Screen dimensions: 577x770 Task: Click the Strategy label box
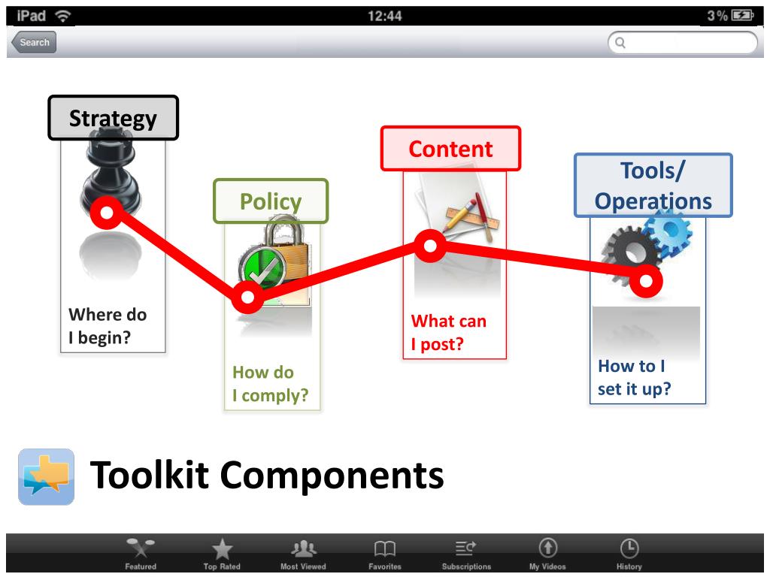pos(114,118)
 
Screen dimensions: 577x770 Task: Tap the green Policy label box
pos(271,201)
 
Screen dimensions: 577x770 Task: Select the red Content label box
pos(450,149)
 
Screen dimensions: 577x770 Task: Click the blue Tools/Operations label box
pos(653,186)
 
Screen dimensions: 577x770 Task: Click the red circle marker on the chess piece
pos(107,213)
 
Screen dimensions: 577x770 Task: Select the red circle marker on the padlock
pos(247,298)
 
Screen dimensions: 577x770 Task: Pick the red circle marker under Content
pos(430,246)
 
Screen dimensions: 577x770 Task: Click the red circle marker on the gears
pos(646,281)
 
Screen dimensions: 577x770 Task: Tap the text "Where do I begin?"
pos(108,326)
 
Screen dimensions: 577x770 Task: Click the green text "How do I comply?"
pos(270,384)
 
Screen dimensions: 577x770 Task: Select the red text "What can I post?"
pos(449,333)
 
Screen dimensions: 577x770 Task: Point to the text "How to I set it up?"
pos(634,377)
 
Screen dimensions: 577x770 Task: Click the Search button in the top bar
pos(33,43)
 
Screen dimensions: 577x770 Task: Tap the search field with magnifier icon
pos(682,43)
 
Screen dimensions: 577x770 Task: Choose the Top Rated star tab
pos(222,554)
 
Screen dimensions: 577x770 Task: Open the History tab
pos(629,554)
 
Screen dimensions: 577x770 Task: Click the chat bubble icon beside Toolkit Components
pos(46,476)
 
